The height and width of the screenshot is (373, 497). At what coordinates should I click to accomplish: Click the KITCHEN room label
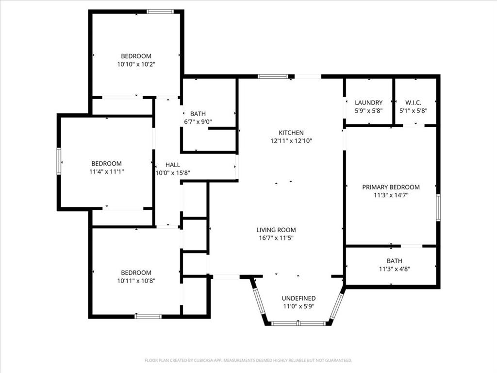pos(291,133)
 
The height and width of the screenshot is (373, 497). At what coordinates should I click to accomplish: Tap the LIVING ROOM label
pos(276,230)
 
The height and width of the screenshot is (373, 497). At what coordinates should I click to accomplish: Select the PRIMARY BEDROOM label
pos(391,187)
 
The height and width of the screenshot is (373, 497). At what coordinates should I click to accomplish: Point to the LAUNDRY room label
pos(368,102)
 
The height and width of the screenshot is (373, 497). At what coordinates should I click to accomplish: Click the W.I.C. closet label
pos(413,102)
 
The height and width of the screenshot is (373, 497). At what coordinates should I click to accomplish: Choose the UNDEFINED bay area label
pos(298,298)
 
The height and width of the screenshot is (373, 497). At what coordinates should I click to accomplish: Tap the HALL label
pos(172,165)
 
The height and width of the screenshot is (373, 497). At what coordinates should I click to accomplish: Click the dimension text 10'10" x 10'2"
pos(136,64)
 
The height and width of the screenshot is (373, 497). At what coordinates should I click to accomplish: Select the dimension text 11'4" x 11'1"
pos(106,171)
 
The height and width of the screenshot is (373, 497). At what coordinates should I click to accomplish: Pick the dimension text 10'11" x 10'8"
pos(136,280)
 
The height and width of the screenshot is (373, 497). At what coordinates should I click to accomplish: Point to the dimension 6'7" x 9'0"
pos(198,122)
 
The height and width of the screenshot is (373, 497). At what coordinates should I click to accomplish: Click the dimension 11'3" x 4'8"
pos(394,269)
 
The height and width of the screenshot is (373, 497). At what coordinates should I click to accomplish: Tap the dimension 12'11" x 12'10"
pos(291,141)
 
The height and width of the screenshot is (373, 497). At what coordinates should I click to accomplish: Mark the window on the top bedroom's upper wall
pos(160,12)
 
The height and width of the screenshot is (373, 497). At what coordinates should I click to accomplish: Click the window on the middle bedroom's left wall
pos(59,161)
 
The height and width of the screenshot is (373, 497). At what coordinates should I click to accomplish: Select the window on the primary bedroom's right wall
pos(438,208)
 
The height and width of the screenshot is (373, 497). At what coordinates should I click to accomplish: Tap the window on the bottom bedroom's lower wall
pos(148,317)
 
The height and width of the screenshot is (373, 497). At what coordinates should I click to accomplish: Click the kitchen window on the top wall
pos(272,76)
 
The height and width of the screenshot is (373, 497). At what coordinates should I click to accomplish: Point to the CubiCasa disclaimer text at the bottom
pos(248,360)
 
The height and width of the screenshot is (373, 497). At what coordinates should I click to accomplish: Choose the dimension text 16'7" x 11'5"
pos(276,238)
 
